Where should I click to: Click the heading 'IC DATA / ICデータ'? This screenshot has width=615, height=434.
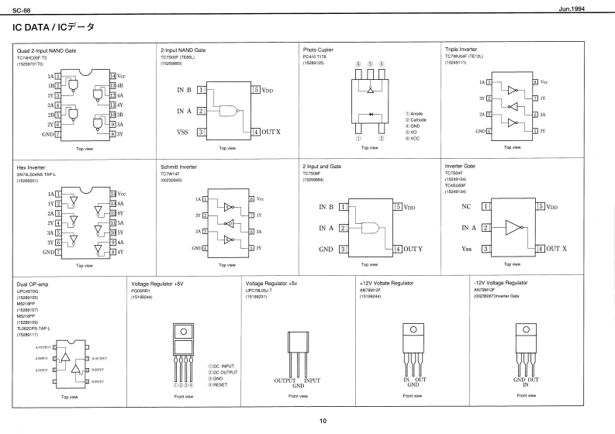(x=54, y=27)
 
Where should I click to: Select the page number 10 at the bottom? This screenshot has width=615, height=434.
(x=323, y=421)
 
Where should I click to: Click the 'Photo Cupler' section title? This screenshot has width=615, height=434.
(x=317, y=50)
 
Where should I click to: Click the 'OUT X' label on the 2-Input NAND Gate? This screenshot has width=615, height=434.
(x=271, y=133)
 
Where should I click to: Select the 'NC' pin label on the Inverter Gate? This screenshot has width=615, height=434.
(x=466, y=208)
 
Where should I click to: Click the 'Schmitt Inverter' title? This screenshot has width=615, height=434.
(x=179, y=167)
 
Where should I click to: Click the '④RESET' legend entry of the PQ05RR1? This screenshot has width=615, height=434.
(x=219, y=384)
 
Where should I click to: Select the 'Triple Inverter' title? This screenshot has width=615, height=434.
(x=461, y=50)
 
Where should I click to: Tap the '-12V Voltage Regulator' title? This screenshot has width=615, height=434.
(x=499, y=284)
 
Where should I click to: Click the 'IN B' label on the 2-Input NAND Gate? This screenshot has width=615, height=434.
(x=184, y=90)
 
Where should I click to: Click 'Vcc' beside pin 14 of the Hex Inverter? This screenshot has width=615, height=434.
(x=123, y=193)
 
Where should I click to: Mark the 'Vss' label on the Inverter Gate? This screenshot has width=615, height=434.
(x=467, y=249)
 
